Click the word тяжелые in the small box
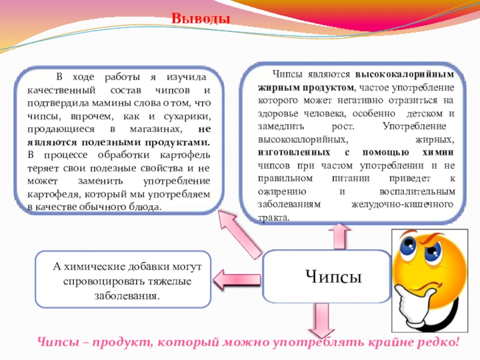(x=169, y=281)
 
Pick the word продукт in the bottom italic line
(x=115, y=344)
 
